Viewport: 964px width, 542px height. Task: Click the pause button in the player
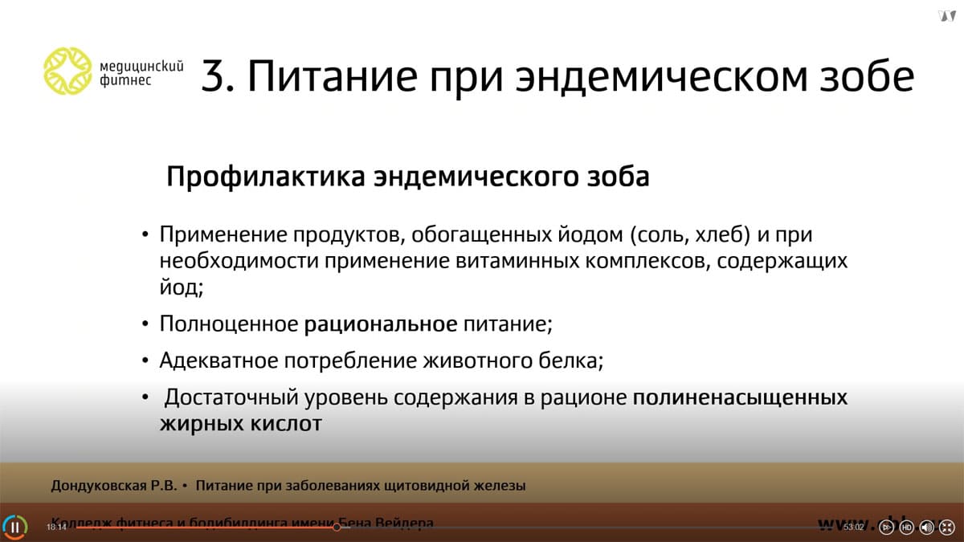coord(14,527)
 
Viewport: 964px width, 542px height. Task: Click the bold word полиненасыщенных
coord(741,397)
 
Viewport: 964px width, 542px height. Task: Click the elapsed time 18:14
coord(56,528)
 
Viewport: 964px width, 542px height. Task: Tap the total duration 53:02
coord(853,528)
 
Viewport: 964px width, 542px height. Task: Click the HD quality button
coord(906,528)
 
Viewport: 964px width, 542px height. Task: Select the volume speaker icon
coord(926,528)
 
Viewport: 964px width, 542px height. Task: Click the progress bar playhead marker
coord(337,528)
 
